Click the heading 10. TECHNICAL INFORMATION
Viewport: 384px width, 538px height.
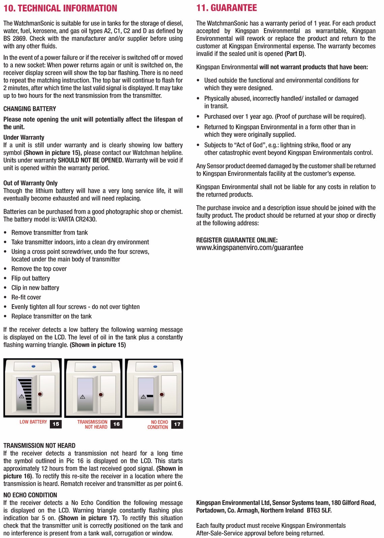tap(60, 8)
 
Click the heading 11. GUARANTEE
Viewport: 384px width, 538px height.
tap(226, 8)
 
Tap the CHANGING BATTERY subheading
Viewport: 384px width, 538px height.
tap(30, 109)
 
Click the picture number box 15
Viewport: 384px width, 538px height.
tap(56, 424)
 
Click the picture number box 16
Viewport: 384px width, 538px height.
tap(116, 424)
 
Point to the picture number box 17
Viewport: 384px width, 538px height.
tap(177, 424)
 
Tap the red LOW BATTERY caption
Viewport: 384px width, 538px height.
tap(33, 422)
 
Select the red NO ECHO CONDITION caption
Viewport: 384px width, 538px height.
tap(158, 425)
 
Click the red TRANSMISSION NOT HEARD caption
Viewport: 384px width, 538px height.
tap(93, 424)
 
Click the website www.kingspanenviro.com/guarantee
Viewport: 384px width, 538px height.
tap(249, 248)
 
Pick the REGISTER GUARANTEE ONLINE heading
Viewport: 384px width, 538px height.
tap(237, 240)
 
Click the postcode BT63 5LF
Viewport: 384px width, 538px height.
tap(319, 510)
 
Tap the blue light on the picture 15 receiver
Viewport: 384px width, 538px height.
tap(33, 366)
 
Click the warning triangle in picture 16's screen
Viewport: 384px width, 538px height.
tap(82, 397)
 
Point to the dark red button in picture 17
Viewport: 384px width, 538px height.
tap(162, 394)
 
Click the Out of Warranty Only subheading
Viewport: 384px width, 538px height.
tap(30, 183)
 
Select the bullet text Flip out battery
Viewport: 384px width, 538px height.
tap(31, 278)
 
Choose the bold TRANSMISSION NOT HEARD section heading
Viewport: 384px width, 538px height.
tap(39, 445)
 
